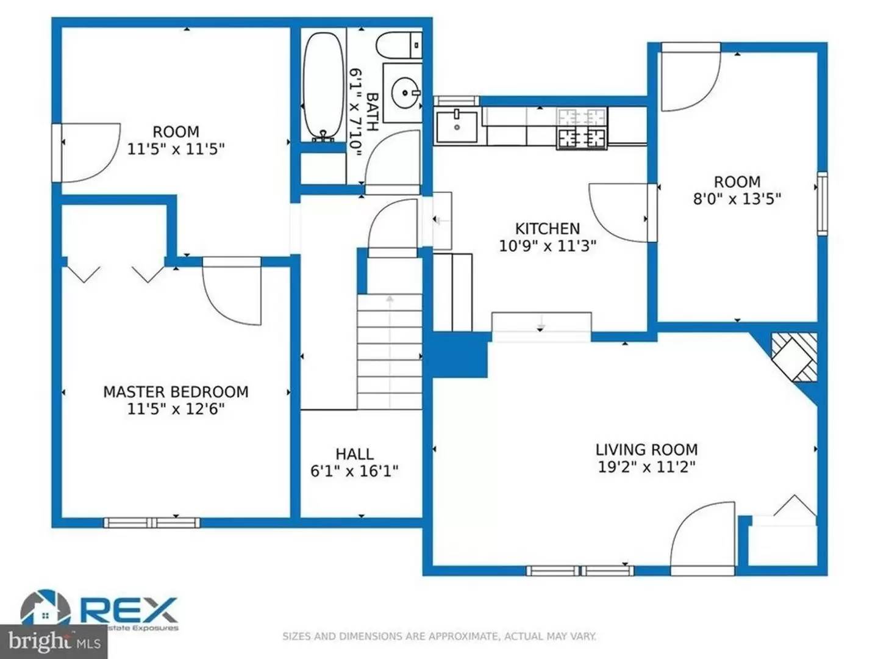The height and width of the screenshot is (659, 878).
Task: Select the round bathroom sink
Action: pos(403,93)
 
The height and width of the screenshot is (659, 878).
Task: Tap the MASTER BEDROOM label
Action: pos(176,392)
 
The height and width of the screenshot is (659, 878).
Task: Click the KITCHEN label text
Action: pos(547,229)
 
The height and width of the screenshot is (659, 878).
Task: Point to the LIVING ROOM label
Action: pos(646,450)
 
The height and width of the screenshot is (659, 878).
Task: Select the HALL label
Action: pos(354,454)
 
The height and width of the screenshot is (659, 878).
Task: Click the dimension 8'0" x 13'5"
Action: pos(737,199)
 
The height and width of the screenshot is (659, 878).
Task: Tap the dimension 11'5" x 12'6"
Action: pos(176,409)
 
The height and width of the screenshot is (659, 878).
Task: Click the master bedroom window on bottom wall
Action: pos(152,522)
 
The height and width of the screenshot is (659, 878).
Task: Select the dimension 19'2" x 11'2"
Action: pos(646,467)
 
